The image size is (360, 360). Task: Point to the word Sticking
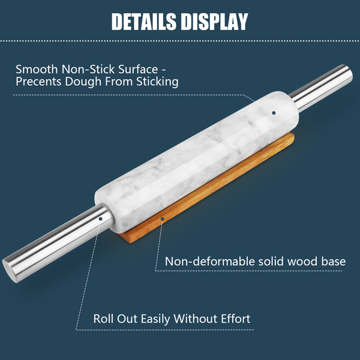(156, 82)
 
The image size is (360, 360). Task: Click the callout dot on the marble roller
(274, 112)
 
